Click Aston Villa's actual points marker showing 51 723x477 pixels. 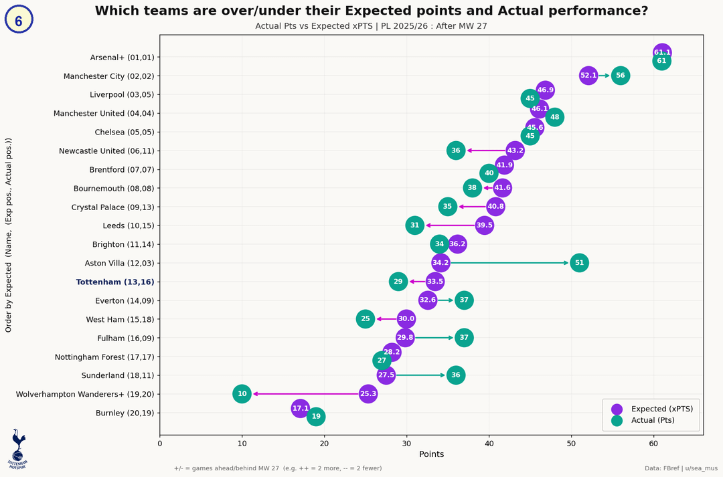click(579, 263)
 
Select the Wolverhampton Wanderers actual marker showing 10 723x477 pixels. click(242, 394)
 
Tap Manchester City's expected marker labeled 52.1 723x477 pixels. click(588, 76)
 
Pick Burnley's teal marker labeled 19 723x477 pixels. click(316, 417)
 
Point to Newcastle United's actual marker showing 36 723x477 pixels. click(456, 151)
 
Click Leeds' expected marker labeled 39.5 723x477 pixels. click(485, 225)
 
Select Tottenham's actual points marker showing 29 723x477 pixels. click(398, 282)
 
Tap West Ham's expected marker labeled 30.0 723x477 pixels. click(406, 319)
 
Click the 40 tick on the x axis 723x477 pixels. click(489, 442)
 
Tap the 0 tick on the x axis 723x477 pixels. click(160, 442)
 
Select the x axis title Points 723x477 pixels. click(431, 454)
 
